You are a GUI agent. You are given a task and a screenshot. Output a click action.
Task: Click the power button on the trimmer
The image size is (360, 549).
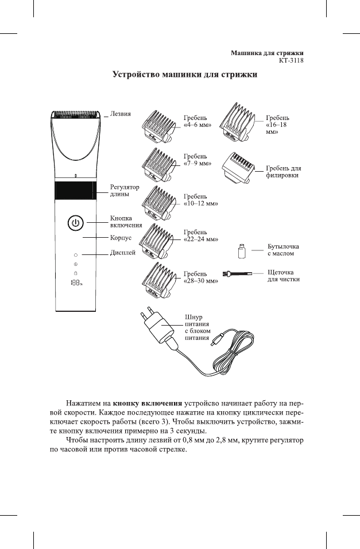(76, 223)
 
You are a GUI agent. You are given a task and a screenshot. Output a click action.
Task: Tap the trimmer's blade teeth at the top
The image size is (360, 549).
(76, 114)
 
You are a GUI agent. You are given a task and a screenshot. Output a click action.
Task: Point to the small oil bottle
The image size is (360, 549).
(242, 252)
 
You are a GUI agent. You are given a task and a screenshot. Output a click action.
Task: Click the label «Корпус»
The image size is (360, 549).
(121, 237)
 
